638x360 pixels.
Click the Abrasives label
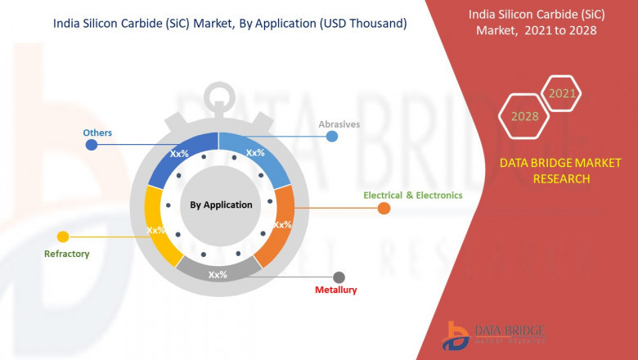[339, 124]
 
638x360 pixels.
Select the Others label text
[97, 133]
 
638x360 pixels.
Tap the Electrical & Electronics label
[413, 196]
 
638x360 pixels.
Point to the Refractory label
[66, 254]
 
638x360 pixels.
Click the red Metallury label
[336, 290]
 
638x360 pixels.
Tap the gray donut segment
[218, 273]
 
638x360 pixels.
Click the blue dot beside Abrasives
[332, 136]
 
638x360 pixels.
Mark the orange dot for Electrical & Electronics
[384, 209]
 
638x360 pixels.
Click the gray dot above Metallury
[339, 277]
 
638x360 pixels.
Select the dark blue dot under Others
[92, 145]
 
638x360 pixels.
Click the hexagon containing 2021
[562, 94]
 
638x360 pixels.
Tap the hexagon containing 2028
[524, 116]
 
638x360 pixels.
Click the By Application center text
[221, 205]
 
